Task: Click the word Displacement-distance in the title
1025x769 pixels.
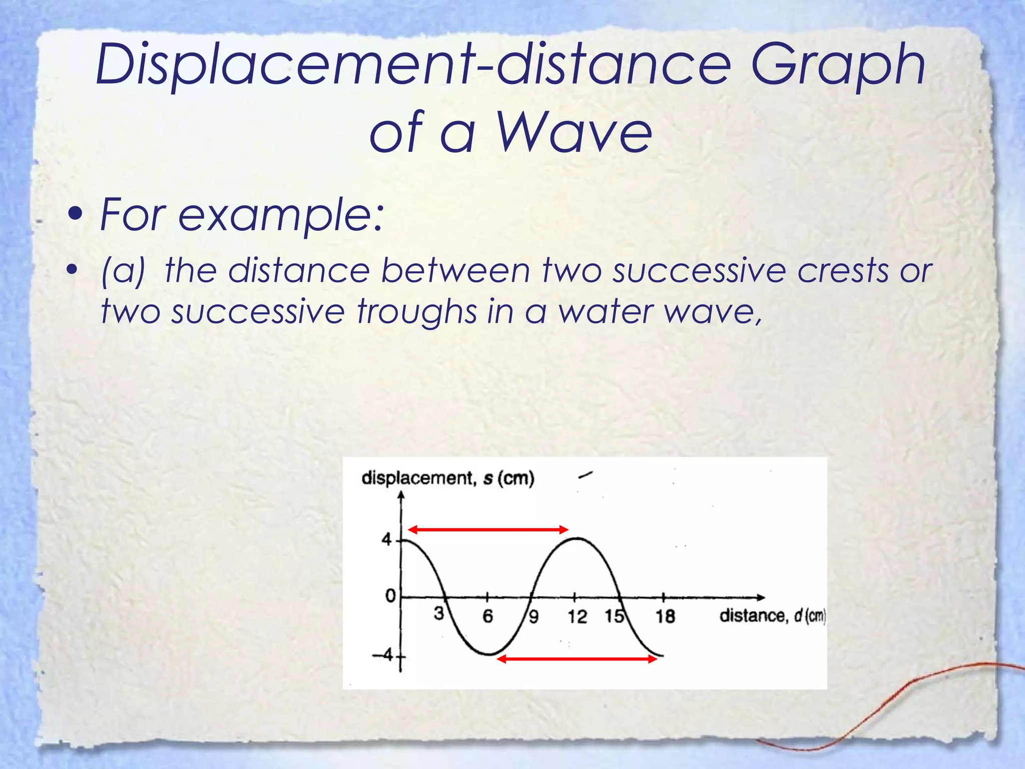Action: [x=418, y=65]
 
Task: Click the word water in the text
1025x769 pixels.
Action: [x=605, y=312]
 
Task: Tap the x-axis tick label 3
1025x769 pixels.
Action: [x=438, y=613]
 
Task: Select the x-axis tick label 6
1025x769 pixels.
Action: [x=487, y=616]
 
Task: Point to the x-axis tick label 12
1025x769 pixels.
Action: [x=577, y=616]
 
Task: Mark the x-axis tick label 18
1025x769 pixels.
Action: [x=665, y=616]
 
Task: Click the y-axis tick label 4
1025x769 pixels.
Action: [x=386, y=540]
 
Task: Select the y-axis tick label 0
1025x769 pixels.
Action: [x=389, y=596]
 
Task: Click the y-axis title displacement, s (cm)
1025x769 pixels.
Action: [x=448, y=479]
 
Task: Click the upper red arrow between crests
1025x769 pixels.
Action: [x=488, y=530]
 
